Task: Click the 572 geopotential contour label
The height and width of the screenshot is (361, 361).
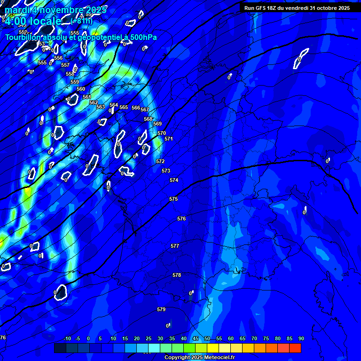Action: click(160, 161)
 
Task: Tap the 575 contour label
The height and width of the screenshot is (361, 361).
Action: click(173, 199)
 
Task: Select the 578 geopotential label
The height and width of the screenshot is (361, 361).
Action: click(177, 275)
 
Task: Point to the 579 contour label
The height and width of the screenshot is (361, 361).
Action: click(161, 310)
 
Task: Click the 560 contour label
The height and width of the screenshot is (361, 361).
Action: click(81, 89)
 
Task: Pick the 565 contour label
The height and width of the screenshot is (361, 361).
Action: click(124, 108)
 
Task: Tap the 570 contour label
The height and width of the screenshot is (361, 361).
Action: click(162, 133)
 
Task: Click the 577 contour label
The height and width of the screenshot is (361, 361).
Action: click(175, 246)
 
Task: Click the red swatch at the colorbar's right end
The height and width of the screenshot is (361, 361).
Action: click(295, 348)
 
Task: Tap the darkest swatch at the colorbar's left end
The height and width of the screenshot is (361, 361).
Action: click(60, 348)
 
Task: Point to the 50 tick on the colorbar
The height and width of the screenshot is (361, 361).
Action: click(207, 339)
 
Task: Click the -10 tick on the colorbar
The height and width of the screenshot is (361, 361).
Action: click(67, 339)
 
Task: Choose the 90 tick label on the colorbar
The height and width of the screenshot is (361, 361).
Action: click(301, 339)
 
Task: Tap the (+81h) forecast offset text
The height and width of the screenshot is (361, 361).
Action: click(82, 22)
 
